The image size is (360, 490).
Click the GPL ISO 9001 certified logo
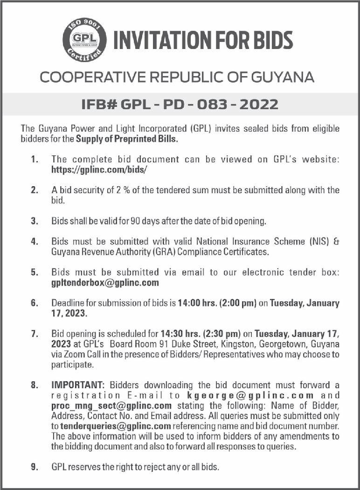click(x=84, y=40)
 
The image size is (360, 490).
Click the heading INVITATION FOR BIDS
click(x=203, y=40)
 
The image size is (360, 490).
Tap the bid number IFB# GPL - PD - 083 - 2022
click(x=180, y=104)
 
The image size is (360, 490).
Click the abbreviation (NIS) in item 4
click(x=314, y=241)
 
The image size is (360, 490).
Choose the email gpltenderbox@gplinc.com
click(x=105, y=283)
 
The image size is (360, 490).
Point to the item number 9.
click(x=35, y=467)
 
